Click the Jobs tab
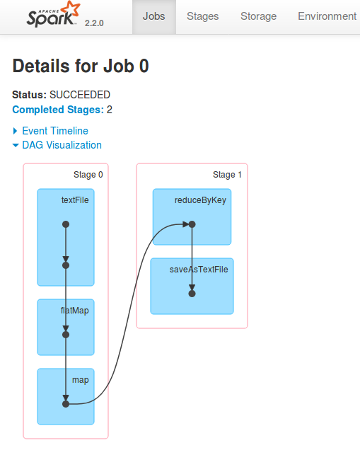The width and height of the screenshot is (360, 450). (154, 16)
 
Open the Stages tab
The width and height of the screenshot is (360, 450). (202, 16)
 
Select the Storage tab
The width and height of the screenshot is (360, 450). (258, 16)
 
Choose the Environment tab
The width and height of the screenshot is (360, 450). (327, 16)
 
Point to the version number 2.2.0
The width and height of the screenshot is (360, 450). (94, 23)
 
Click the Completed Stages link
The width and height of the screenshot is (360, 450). (58, 110)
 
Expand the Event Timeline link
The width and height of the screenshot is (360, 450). (55, 131)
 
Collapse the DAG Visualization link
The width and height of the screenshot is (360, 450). (62, 145)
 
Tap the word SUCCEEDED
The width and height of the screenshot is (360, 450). (80, 95)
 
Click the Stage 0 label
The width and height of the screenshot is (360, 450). (88, 175)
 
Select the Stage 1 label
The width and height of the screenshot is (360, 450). (227, 175)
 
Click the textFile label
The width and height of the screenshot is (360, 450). (75, 200)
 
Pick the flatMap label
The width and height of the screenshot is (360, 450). (74, 311)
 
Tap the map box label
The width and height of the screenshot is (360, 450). (81, 380)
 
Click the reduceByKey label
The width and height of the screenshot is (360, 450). (200, 200)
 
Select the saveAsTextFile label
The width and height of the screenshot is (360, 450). (199, 270)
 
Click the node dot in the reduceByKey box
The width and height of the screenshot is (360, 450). (192, 224)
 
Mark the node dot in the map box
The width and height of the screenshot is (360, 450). (66, 404)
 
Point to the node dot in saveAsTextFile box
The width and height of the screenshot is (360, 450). (192, 294)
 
